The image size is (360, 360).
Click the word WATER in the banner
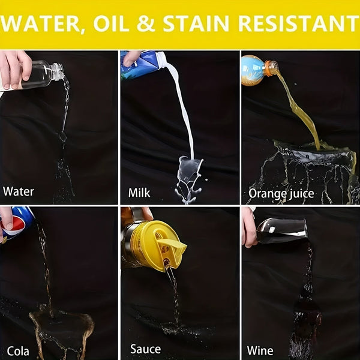point(40,24)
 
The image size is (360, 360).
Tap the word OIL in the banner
point(112,23)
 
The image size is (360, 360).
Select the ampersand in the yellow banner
point(146,23)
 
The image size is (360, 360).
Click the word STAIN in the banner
point(196,23)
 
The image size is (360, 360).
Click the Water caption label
point(19,191)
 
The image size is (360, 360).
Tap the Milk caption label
point(139,193)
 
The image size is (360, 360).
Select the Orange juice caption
point(281,194)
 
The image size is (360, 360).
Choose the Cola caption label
point(18,351)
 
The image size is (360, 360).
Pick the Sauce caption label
point(146,349)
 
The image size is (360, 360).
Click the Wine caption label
point(260,351)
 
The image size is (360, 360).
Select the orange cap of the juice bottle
point(272,67)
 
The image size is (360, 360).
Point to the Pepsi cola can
point(16,224)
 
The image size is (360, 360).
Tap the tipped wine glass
point(282,231)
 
